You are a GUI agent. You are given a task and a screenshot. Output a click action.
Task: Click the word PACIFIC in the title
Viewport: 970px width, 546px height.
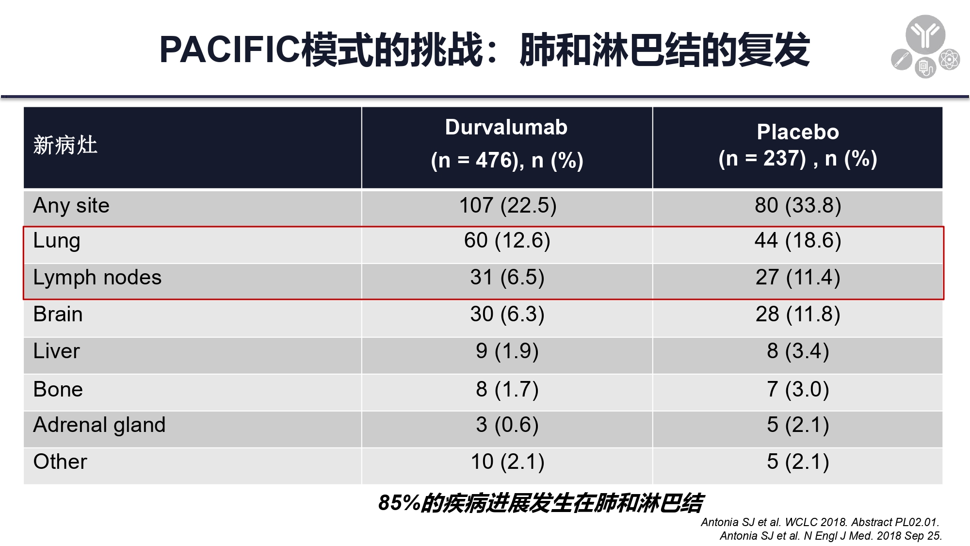(230, 50)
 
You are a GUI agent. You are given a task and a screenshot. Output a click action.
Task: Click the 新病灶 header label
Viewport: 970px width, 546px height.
(65, 145)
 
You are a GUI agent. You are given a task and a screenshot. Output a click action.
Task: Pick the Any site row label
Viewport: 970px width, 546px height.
(71, 206)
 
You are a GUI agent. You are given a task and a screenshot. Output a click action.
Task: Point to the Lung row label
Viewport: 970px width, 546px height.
(57, 241)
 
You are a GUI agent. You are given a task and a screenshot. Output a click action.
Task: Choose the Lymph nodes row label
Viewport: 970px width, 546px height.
(97, 278)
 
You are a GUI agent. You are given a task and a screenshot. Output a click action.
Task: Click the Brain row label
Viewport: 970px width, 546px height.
(58, 314)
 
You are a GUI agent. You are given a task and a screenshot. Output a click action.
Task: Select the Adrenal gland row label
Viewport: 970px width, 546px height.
(99, 425)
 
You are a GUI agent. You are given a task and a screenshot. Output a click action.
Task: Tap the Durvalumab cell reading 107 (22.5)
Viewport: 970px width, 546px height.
(508, 205)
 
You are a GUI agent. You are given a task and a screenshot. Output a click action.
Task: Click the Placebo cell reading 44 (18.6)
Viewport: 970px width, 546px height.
(798, 240)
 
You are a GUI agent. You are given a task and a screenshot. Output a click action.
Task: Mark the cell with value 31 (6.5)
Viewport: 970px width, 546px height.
(507, 277)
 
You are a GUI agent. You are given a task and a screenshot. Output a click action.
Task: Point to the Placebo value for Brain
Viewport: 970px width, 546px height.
(798, 314)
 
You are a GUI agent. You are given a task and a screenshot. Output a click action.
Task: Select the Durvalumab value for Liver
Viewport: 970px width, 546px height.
(507, 351)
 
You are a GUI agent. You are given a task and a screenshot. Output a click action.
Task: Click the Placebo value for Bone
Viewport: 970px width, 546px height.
(798, 389)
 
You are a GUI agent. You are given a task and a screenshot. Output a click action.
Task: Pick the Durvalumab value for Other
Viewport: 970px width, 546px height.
(507, 462)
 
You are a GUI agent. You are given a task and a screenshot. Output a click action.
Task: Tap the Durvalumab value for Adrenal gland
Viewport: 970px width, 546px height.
(507, 425)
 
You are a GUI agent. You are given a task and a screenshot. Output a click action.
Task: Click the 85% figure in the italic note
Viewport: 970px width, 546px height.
(399, 503)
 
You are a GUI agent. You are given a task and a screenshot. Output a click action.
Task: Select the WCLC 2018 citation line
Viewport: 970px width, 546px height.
(820, 522)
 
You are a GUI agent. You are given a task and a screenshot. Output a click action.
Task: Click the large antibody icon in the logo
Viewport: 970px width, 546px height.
(925, 34)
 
